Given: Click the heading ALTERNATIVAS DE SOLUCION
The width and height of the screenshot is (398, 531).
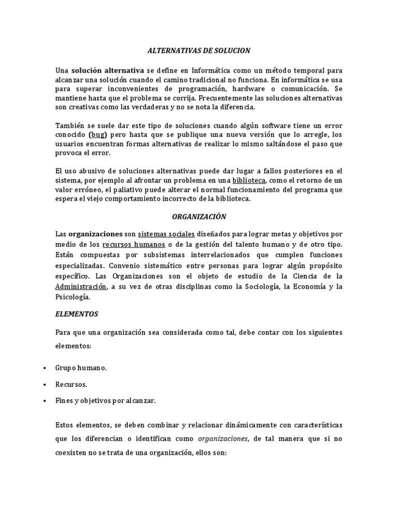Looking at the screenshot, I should point(198,51).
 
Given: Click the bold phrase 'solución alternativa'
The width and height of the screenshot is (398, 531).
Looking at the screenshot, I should point(108,70).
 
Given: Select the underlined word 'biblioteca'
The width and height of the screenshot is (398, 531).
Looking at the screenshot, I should point(249,180).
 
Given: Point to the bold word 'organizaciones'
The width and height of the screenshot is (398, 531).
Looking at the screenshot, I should point(95,234).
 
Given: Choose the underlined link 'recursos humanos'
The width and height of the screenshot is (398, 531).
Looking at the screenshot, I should point(134,244).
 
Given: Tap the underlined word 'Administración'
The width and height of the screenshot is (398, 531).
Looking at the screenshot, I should point(81,287).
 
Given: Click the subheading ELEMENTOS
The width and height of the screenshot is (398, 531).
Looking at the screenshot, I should point(76,314).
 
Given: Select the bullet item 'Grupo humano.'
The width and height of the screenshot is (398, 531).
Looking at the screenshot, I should point(81,368).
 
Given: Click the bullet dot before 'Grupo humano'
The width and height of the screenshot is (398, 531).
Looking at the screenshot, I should point(43,368).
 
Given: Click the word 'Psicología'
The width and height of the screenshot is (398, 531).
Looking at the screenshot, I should point(73,297).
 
